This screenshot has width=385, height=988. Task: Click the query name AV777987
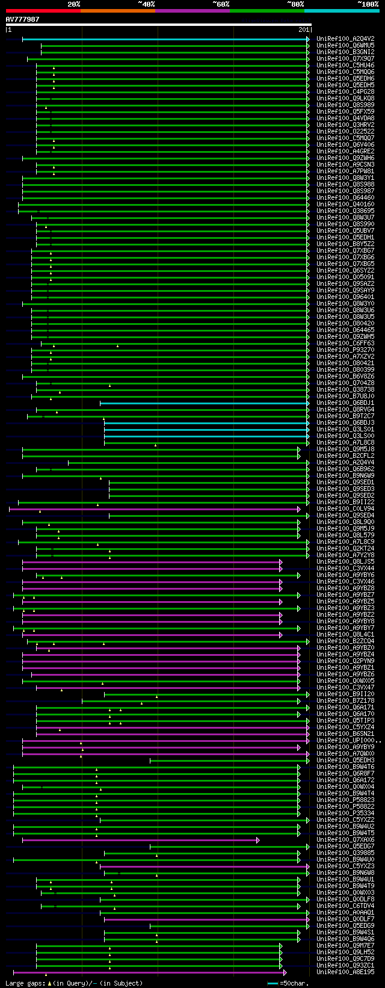pos(22,19)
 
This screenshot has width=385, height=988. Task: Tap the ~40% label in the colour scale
pos(146,4)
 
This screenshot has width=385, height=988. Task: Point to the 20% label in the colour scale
pos(74,4)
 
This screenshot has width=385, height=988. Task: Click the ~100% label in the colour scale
pos(368,4)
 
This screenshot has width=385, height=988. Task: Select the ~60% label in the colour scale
pos(221,4)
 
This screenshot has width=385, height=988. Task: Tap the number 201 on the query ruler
pos(304,29)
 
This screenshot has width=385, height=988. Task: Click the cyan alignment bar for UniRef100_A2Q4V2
pos(165,39)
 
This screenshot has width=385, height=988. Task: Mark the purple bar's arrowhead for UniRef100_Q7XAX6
pos(258,840)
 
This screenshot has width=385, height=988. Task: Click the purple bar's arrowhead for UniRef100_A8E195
pos(285,972)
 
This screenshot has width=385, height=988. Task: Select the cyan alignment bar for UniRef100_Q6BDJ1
pos(205,403)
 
